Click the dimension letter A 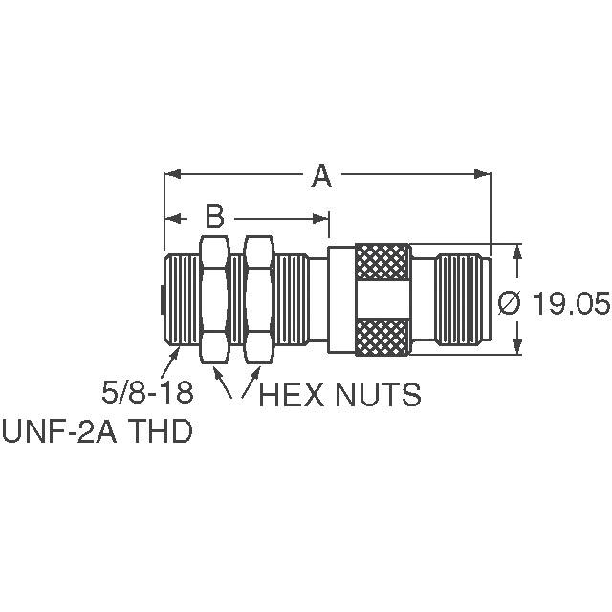[321, 177]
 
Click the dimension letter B [214, 216]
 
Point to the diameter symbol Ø [509, 303]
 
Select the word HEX [291, 395]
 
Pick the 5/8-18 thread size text [147, 392]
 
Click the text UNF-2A [59, 430]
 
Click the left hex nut [214, 299]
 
